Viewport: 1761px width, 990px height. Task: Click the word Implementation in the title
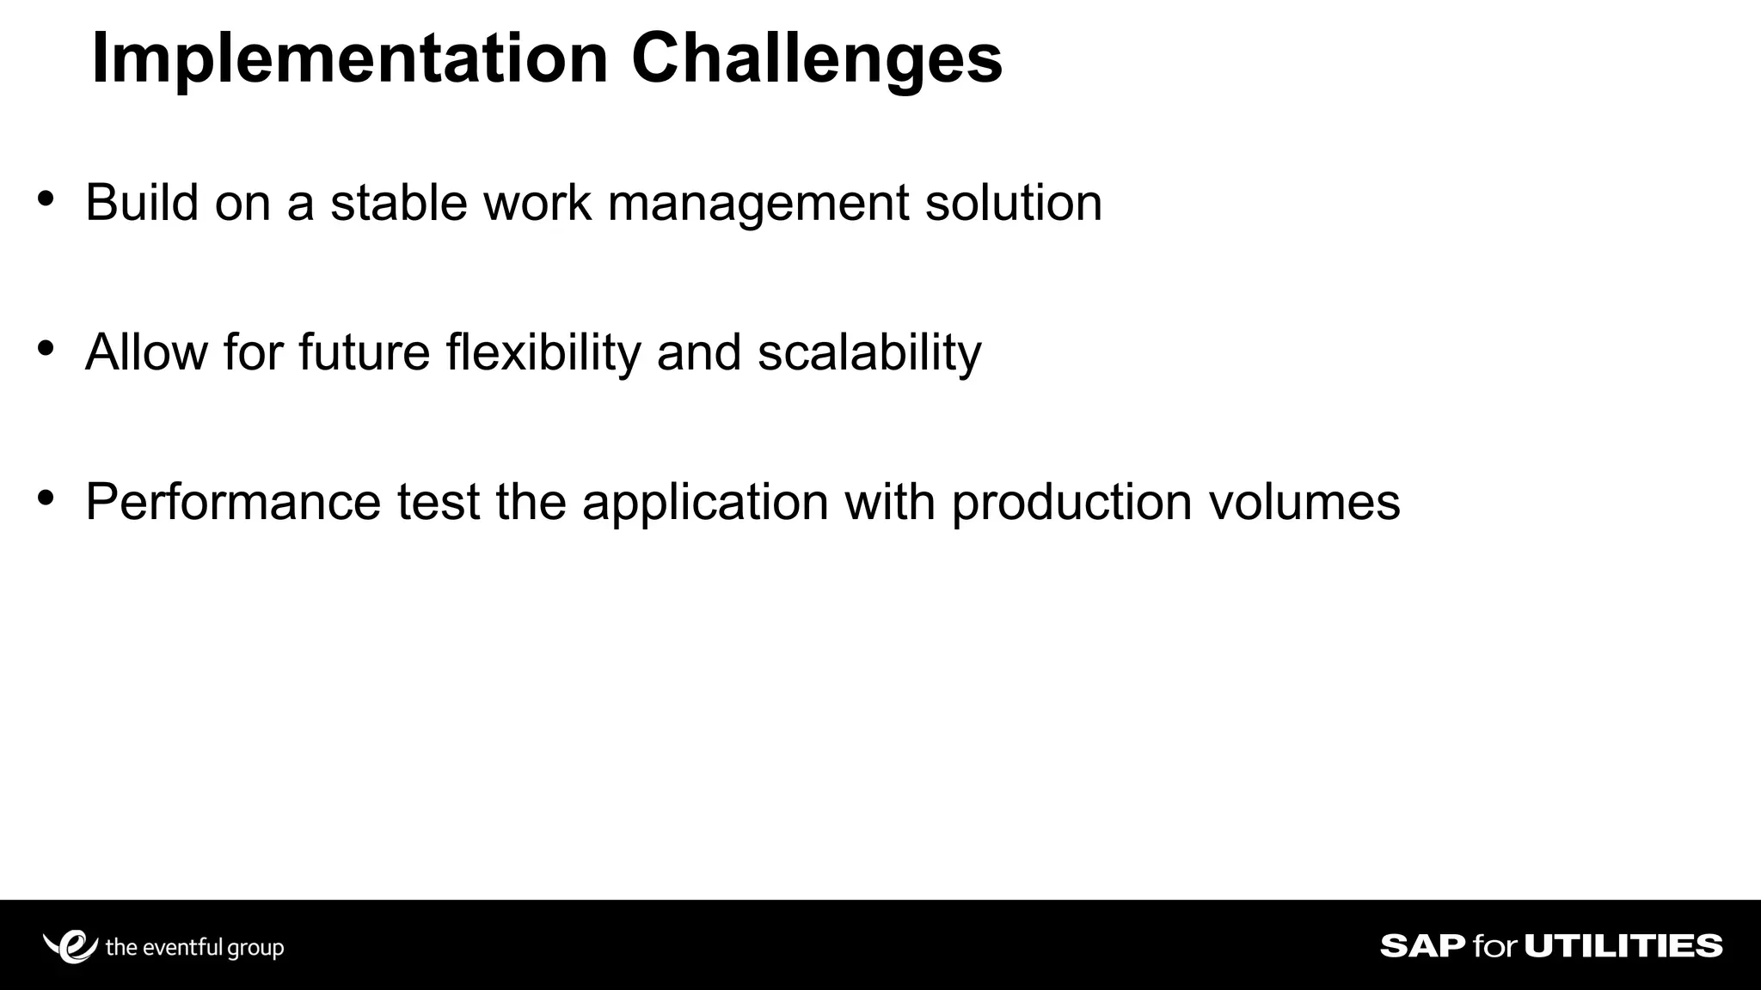(349, 58)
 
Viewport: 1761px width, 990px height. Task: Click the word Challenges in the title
(816, 58)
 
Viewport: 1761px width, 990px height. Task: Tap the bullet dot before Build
(46, 199)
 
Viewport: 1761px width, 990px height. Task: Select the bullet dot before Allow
(46, 348)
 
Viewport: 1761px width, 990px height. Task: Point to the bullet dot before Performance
(46, 498)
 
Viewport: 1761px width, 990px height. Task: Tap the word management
(758, 205)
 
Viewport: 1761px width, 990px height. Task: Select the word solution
(1013, 203)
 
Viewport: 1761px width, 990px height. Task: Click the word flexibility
(543, 352)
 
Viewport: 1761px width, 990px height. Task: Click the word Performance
(233, 502)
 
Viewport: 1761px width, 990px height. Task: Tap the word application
(704, 504)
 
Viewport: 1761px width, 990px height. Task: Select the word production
(1071, 504)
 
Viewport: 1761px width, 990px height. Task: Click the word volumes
(1304, 502)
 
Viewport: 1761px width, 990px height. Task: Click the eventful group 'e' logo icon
(72, 946)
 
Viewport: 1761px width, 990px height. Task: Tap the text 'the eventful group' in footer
(194, 948)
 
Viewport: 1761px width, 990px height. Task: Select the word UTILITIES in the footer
(1623, 946)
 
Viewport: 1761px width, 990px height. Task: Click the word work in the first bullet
(537, 203)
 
